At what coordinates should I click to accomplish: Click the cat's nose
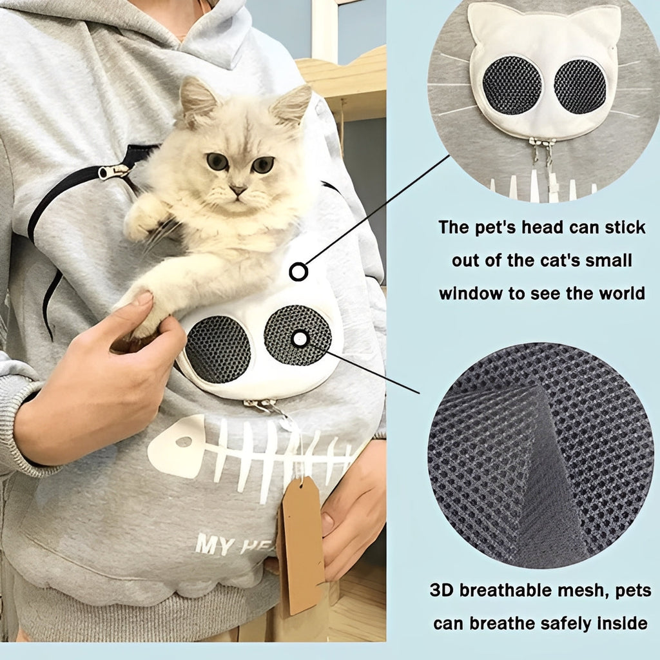(x=238, y=191)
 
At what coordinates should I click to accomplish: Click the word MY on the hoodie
(x=214, y=545)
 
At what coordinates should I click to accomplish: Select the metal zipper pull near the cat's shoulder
(x=113, y=172)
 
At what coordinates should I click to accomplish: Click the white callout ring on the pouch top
(x=298, y=272)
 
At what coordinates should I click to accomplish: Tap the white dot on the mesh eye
(x=299, y=338)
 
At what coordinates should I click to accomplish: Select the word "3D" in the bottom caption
(x=445, y=591)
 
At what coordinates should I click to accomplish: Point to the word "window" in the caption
(x=471, y=293)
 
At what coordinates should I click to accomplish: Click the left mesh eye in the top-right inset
(x=512, y=85)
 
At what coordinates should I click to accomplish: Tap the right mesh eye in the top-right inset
(x=579, y=86)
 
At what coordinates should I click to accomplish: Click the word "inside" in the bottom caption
(x=622, y=623)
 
